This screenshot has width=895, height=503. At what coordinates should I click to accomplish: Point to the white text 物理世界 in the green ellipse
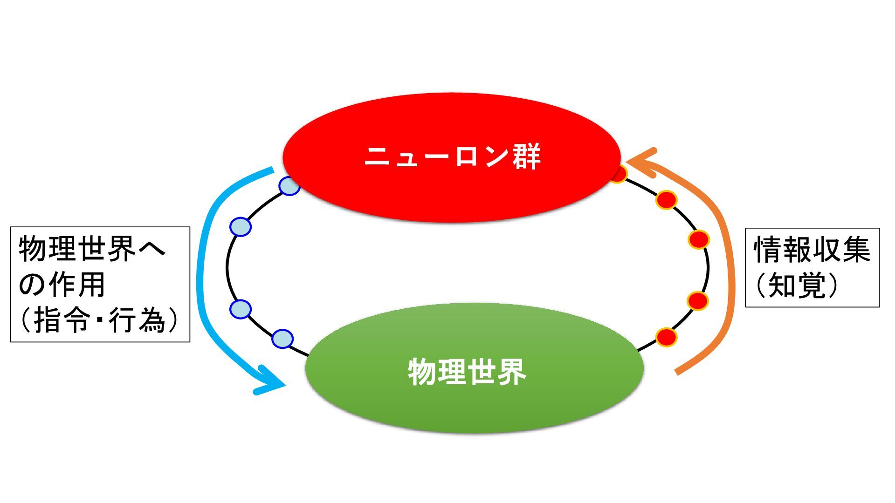coord(467,372)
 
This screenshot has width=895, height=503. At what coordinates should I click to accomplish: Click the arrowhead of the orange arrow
coord(641,162)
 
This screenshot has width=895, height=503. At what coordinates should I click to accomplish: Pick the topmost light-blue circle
coord(289,186)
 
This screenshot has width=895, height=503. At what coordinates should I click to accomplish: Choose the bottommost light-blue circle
coord(282,339)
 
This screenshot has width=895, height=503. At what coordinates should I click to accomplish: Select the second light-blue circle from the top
coord(241,227)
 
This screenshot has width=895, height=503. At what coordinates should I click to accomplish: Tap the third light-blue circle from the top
coord(241,309)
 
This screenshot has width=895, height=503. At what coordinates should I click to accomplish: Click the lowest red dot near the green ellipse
coord(666,337)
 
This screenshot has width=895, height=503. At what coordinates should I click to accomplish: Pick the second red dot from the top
coord(666,200)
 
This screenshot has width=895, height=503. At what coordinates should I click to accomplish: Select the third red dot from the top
coord(699,240)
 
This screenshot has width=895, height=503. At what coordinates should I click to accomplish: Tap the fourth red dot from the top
coord(698,301)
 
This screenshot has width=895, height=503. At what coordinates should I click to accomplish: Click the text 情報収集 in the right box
coord(812,250)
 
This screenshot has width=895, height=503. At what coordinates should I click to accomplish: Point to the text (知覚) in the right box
coord(798,285)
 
